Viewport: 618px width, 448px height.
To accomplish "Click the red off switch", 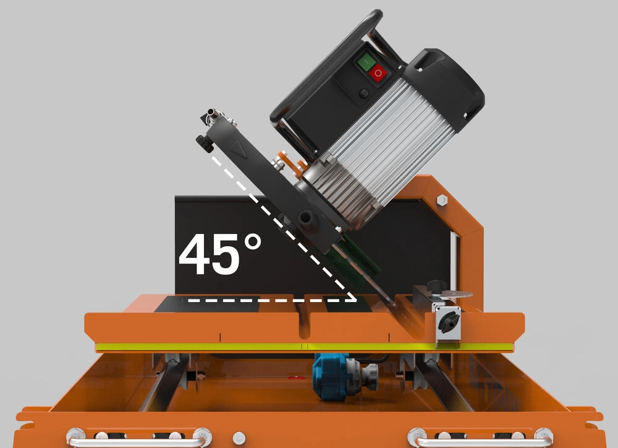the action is [378, 72].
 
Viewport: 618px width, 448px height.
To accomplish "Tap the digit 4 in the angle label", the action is [193, 254].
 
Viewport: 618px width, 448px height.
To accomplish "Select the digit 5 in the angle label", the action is [225, 254].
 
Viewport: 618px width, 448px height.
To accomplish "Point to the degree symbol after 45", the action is [252, 241].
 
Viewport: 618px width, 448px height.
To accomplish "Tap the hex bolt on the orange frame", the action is [442, 200].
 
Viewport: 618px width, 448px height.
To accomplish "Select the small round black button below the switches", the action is [364, 93].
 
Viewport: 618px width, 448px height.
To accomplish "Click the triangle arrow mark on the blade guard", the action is [238, 150].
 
